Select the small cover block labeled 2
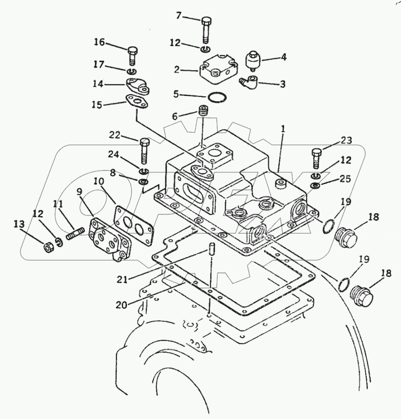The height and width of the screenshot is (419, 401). coord(217,69)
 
